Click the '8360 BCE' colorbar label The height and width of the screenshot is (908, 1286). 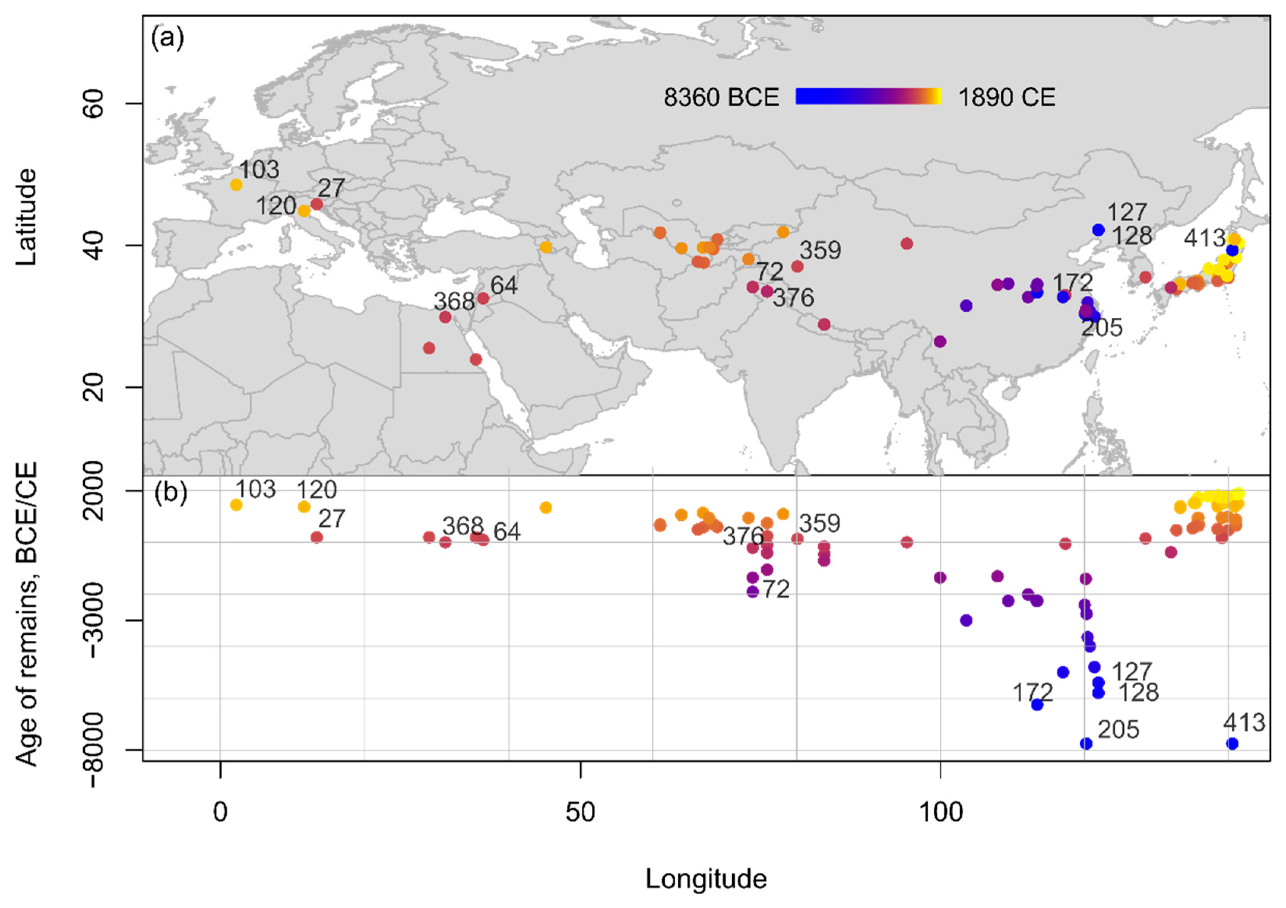721,97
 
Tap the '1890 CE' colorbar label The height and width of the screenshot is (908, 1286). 1007,97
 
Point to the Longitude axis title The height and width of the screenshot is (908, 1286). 706,879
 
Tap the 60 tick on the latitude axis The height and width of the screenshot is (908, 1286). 94,104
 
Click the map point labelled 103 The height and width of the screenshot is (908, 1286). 236,185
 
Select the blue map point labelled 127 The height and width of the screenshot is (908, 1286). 1098,230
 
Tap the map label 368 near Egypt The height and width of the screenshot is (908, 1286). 454,302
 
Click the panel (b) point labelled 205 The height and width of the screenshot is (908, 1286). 1085,743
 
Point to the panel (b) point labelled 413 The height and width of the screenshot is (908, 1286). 1232,743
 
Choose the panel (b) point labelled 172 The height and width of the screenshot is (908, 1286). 1037,705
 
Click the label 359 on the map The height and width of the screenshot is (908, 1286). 820,250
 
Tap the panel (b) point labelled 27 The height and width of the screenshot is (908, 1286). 317,537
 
